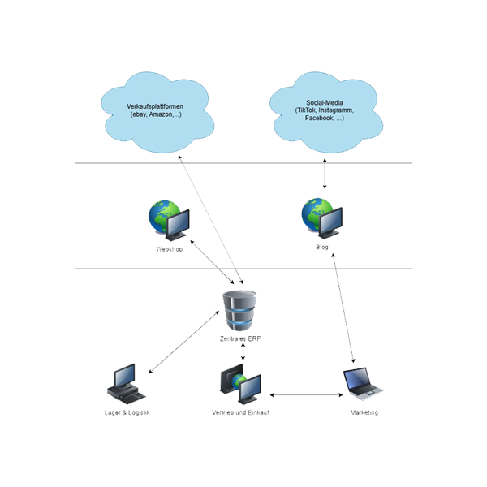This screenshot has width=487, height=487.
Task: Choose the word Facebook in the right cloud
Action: (318, 118)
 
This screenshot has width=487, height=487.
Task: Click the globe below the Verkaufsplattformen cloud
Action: (163, 215)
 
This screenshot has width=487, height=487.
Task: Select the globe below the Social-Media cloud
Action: (315, 214)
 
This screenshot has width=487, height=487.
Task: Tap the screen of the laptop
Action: (357, 379)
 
